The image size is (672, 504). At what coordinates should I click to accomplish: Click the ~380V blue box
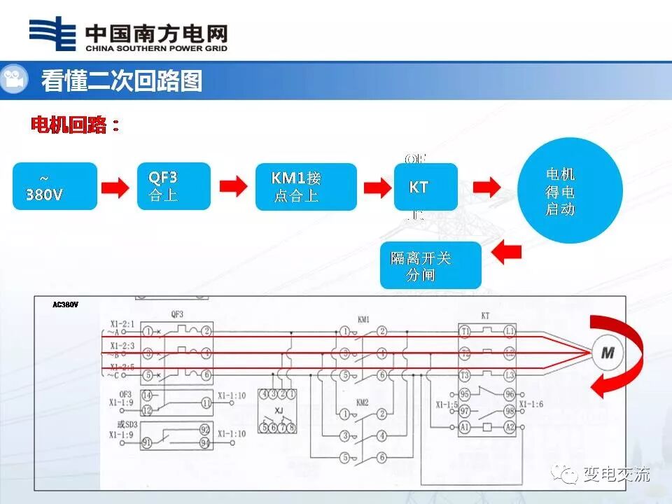click(x=55, y=186)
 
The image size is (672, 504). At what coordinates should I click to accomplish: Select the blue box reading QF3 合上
click(x=174, y=186)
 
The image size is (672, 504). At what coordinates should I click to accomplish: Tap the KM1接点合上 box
click(x=305, y=187)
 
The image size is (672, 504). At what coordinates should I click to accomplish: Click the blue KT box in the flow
click(x=426, y=187)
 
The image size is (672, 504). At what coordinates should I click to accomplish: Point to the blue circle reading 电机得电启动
click(x=570, y=190)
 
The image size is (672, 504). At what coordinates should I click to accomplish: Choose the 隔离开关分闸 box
click(x=430, y=265)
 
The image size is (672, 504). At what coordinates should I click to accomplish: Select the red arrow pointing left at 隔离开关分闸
click(x=507, y=253)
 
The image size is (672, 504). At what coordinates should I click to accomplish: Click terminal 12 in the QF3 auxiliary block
click(x=147, y=410)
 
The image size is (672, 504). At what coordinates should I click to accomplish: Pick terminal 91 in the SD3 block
click(x=147, y=442)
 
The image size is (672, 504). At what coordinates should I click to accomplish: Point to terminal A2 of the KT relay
click(x=510, y=427)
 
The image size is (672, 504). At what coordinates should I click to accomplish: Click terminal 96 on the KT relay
click(x=510, y=394)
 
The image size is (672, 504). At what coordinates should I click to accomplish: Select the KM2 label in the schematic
click(x=363, y=403)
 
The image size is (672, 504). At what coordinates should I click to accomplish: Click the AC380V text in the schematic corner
click(x=66, y=304)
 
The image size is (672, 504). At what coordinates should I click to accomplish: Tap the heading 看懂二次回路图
click(x=121, y=80)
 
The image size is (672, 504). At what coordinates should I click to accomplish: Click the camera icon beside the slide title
click(x=13, y=80)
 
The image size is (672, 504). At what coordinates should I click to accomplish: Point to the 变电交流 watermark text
click(x=616, y=474)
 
